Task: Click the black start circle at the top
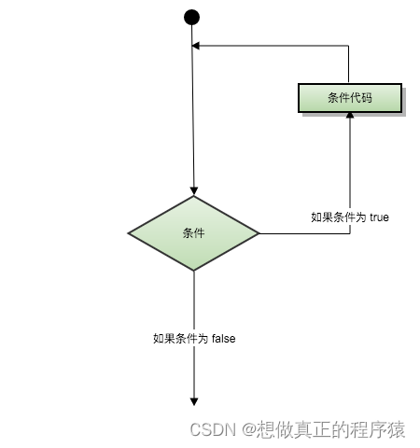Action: click(192, 17)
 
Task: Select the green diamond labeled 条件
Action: click(193, 232)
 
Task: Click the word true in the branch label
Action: click(379, 217)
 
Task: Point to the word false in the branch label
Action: click(223, 339)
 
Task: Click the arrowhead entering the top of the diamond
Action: click(193, 190)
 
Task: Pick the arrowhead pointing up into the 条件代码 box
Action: click(350, 115)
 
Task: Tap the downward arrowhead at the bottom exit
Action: click(194, 400)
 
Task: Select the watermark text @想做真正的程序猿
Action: click(323, 429)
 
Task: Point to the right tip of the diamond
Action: click(259, 232)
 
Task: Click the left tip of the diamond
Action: click(129, 232)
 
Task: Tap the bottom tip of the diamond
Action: click(194, 271)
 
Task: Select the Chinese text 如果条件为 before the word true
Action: click(339, 217)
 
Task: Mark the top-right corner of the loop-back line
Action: click(350, 45)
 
